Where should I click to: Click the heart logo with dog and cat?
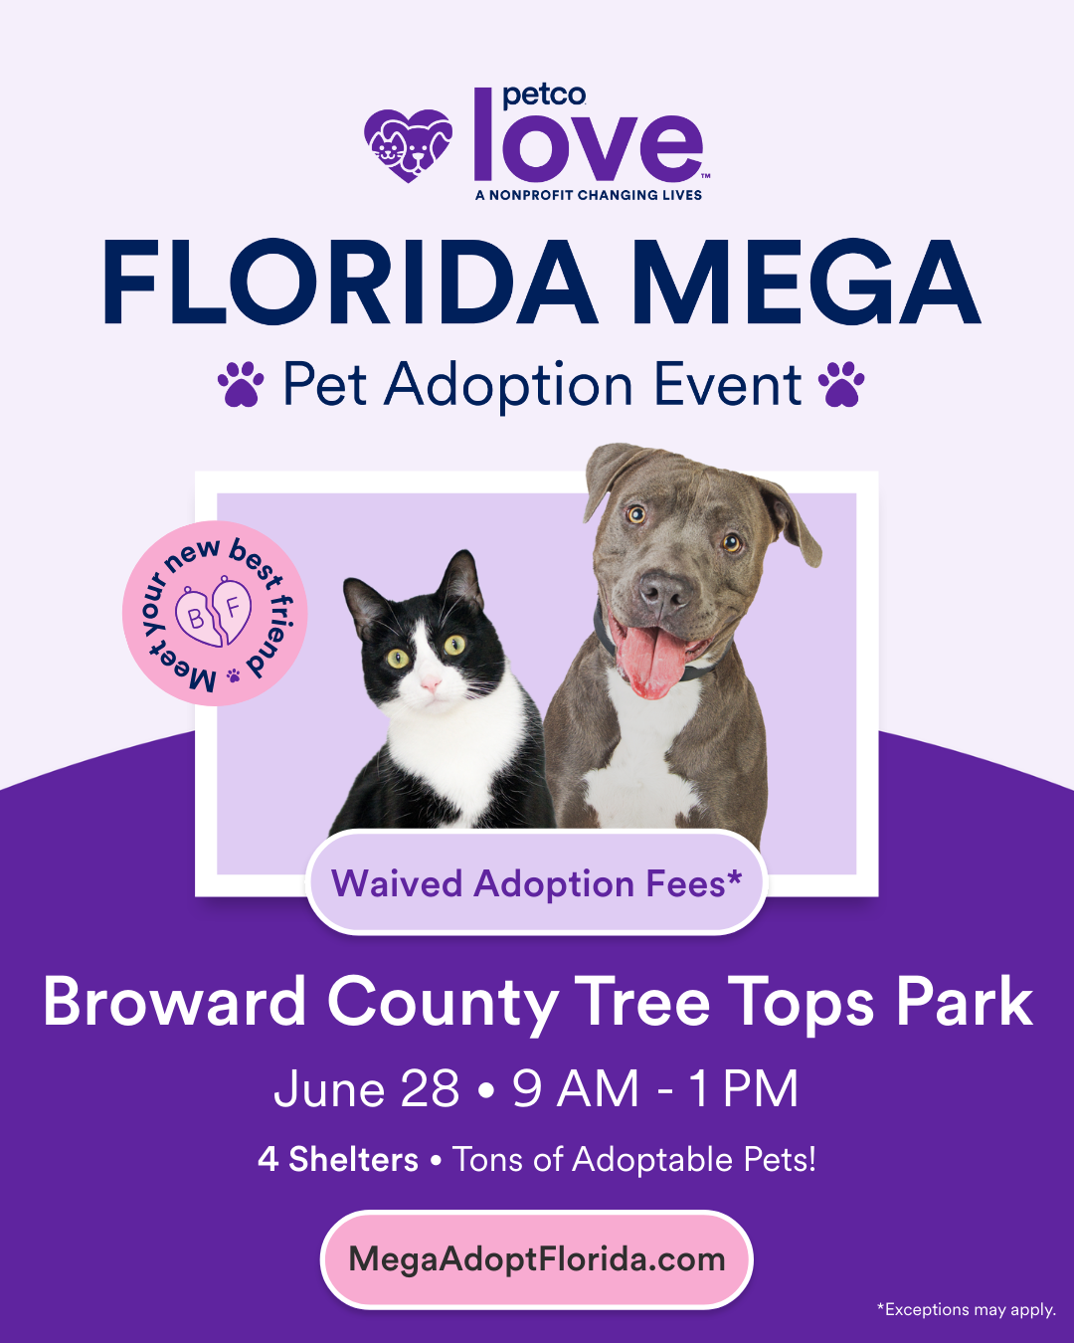tap(408, 145)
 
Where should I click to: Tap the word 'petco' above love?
tap(544, 96)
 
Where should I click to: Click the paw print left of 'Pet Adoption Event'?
tap(241, 384)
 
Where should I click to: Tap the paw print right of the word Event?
tap(841, 384)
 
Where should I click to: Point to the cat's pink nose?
tap(430, 685)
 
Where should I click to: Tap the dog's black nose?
tap(663, 594)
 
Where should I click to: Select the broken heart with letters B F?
tap(214, 613)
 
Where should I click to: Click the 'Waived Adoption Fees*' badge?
tap(537, 883)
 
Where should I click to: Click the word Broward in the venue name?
tap(175, 1002)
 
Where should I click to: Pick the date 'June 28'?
tap(366, 1088)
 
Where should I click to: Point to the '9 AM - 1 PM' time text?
tap(655, 1088)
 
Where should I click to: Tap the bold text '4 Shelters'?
tap(338, 1160)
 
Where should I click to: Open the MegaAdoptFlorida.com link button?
tap(537, 1259)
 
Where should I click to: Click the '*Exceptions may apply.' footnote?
tap(966, 1310)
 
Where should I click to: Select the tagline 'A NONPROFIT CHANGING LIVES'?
tap(589, 195)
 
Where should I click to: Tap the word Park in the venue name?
tap(964, 1002)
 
